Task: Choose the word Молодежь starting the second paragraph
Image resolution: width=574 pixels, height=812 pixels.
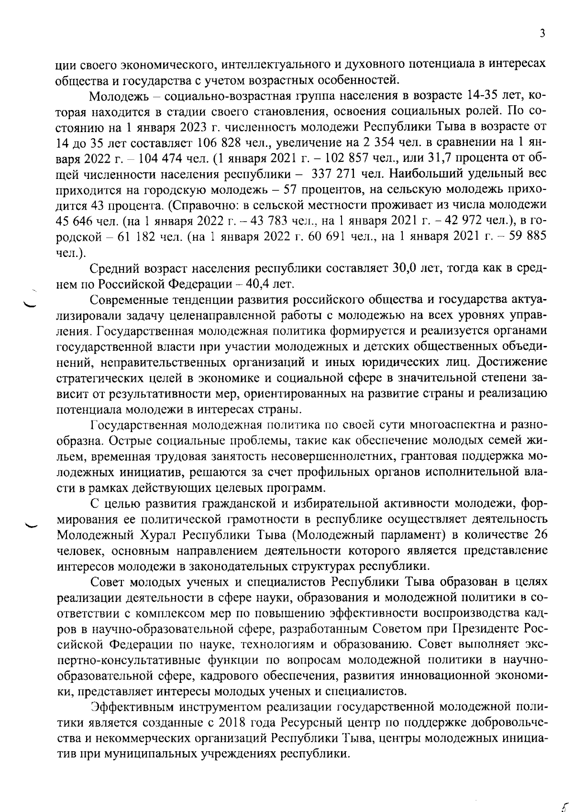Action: (121, 96)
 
